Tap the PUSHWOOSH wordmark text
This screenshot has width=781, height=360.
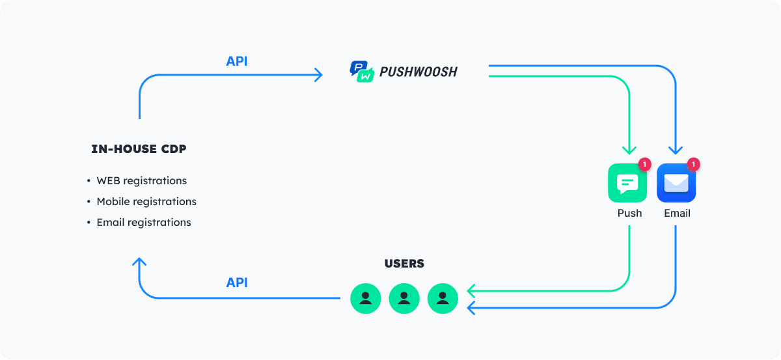(x=418, y=72)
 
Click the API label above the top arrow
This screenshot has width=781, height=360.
(x=237, y=62)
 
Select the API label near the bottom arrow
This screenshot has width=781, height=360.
(x=237, y=283)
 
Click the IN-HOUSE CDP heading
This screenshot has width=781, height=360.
(x=139, y=149)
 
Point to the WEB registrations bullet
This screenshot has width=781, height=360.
(x=141, y=181)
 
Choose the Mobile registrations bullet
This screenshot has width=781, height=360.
(x=146, y=202)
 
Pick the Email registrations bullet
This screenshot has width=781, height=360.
(x=143, y=223)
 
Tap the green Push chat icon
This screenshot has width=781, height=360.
(x=627, y=183)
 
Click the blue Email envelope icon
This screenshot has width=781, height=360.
(x=676, y=183)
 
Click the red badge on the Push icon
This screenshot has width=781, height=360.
(x=644, y=165)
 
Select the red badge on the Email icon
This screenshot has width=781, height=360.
(x=693, y=165)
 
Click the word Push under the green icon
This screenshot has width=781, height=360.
(x=629, y=214)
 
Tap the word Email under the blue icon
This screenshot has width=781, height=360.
(x=677, y=214)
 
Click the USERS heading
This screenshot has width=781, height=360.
(x=404, y=264)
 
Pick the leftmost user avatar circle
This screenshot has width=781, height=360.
(x=366, y=298)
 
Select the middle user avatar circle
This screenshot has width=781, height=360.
(x=404, y=298)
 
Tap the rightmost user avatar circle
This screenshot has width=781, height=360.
(x=443, y=298)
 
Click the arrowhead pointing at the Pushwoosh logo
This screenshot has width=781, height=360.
(x=318, y=75)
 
